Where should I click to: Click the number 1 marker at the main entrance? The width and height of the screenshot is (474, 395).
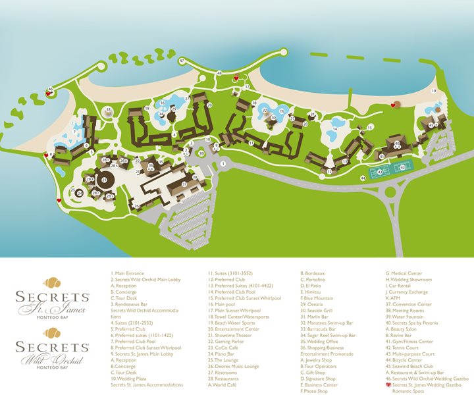click(223, 163)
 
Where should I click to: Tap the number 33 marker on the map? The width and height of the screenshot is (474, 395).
click(108, 109)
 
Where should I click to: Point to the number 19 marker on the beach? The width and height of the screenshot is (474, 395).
click(434, 90)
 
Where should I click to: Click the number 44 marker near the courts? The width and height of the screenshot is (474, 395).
click(363, 178)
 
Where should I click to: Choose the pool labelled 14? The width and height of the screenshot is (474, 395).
click(335, 129)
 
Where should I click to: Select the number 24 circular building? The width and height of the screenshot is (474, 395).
click(80, 194)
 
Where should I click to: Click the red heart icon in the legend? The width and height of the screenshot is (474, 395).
click(388, 385)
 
